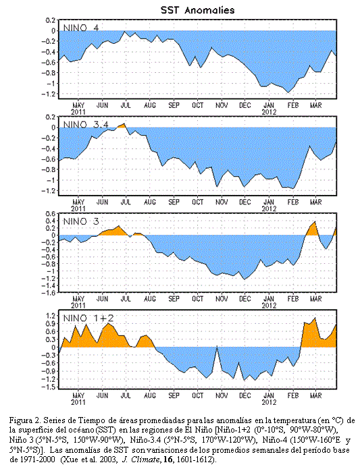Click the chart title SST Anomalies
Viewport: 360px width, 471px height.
(x=197, y=10)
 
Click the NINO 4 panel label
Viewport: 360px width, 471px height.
(x=80, y=28)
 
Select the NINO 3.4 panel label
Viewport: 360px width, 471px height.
(x=86, y=124)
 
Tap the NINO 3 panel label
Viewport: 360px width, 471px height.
(x=80, y=221)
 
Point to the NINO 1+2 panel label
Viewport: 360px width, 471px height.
(x=88, y=318)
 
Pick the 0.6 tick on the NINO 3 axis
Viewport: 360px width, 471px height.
(x=51, y=214)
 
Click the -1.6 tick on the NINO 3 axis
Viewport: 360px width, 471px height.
(x=49, y=293)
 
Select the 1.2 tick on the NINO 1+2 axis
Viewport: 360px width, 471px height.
(x=51, y=315)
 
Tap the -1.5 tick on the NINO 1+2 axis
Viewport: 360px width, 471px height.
(x=49, y=387)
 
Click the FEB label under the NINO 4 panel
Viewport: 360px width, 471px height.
(x=292, y=105)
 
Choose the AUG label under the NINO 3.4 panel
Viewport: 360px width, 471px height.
(x=150, y=202)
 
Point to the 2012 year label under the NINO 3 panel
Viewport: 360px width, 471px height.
(x=269, y=306)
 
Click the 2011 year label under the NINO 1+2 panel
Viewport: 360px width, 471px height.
(x=78, y=402)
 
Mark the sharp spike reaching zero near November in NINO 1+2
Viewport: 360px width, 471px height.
(x=217, y=348)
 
